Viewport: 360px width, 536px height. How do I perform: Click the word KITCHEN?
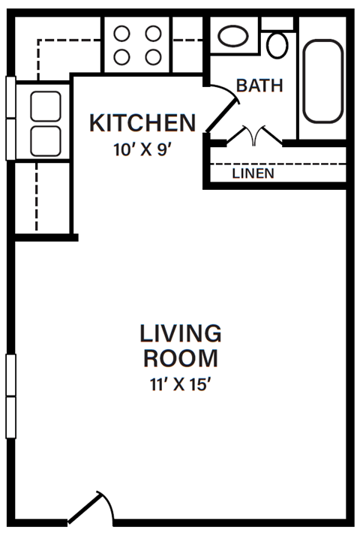[x=142, y=122]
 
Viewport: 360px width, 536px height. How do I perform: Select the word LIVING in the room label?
[x=181, y=332]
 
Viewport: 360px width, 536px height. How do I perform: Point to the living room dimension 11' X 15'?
[x=181, y=385]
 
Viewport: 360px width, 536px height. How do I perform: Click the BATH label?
[x=259, y=86]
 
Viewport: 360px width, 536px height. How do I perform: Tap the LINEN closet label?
[x=253, y=173]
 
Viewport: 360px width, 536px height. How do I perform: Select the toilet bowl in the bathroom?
[x=277, y=45]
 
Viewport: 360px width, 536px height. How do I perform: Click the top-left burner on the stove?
[x=122, y=33]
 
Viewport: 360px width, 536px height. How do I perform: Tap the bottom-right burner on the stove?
[x=153, y=56]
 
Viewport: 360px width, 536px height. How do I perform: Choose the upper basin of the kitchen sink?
[x=44, y=106]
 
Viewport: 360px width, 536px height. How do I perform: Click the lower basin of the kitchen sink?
[x=44, y=139]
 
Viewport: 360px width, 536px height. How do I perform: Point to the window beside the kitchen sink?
[x=10, y=118]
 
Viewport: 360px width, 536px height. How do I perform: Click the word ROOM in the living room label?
[x=181, y=357]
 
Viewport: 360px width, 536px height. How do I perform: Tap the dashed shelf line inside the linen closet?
[x=277, y=164]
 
